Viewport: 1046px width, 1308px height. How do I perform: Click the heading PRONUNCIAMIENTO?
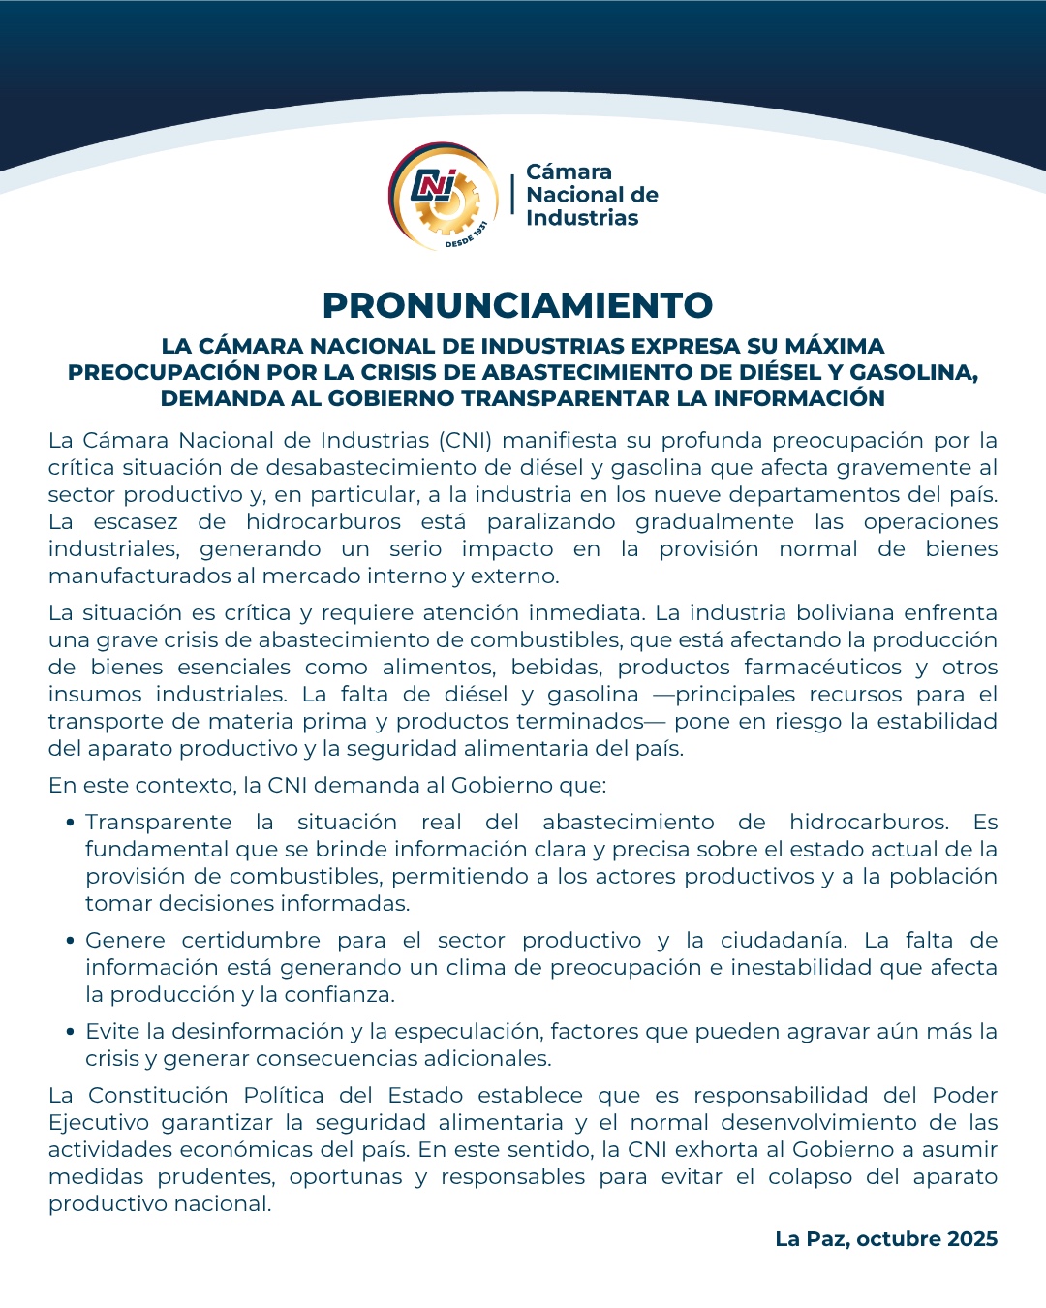tap(517, 305)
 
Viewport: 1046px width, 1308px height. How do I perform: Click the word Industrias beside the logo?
tap(582, 218)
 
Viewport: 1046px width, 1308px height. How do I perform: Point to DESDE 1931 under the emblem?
tap(466, 235)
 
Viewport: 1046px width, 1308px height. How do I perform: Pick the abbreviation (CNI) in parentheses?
tap(466, 441)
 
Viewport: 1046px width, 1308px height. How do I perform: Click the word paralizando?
tap(550, 522)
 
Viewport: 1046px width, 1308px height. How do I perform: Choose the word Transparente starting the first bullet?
tap(158, 823)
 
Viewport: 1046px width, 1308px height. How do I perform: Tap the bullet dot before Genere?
tap(71, 942)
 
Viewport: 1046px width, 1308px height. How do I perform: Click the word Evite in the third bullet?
tap(112, 1032)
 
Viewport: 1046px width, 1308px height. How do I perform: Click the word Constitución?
tap(158, 1096)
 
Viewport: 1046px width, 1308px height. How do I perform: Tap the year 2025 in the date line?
tap(972, 1239)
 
